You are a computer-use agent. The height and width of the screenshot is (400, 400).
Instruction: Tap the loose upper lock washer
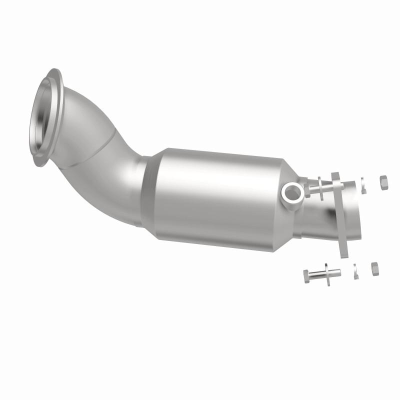(x=364, y=184)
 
